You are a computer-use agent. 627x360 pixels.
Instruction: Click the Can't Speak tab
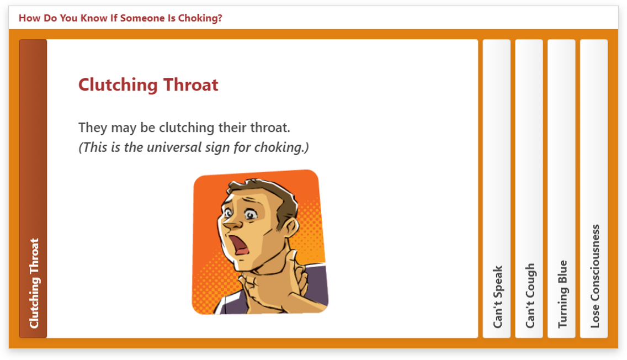point(497,188)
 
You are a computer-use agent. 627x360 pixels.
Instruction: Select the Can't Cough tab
point(529,188)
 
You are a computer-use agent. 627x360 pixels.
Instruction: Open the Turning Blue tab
point(561,188)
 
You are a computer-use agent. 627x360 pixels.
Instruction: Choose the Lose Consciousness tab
point(594,188)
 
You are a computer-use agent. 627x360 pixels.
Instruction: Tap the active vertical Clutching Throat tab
point(33,188)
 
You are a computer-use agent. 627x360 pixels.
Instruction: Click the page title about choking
point(120,18)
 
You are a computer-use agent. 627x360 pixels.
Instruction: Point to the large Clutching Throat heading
point(148,85)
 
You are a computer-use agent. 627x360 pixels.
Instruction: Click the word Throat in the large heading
point(191,85)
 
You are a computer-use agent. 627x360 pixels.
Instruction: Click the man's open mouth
point(240,245)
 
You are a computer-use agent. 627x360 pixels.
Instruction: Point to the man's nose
point(230,225)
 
